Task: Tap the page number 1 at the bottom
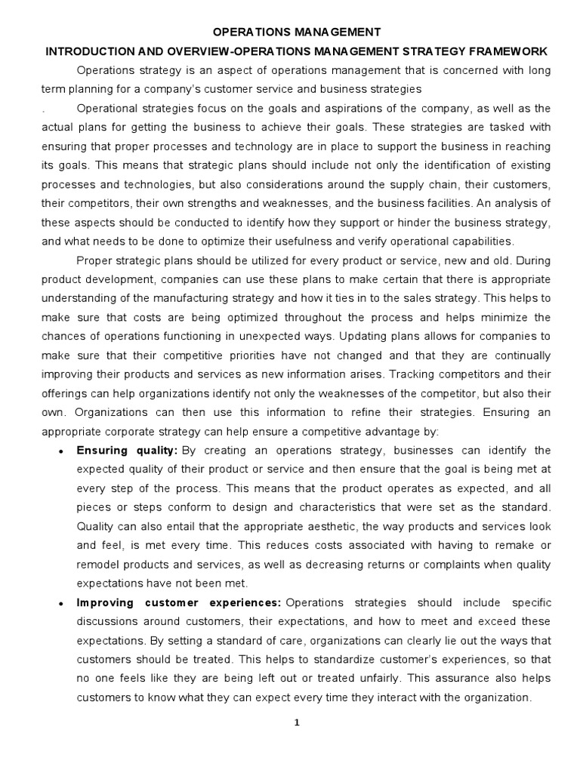coord(297,722)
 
